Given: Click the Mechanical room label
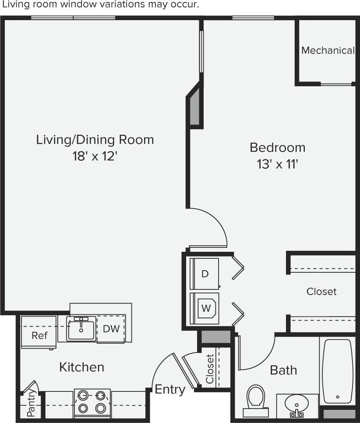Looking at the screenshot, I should [328, 50].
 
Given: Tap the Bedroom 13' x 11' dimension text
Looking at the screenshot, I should [277, 165].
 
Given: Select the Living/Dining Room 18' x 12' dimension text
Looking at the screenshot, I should [95, 157].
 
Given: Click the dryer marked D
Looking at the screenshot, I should [205, 274].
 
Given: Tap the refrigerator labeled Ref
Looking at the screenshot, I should [39, 335].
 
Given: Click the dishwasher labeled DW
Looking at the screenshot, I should [111, 328].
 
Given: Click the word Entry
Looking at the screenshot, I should [170, 389].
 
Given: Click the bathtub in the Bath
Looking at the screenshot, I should [337, 371].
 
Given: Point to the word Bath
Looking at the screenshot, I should [283, 370].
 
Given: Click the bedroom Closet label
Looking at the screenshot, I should [321, 291].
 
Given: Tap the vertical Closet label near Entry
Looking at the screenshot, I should [210, 368].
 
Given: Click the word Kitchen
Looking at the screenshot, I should [82, 367].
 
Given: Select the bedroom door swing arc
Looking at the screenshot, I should [215, 223].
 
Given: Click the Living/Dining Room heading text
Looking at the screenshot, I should [95, 140].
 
